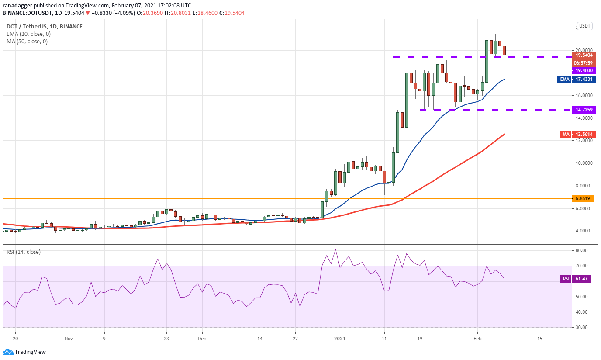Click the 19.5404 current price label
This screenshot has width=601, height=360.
pos(584,55)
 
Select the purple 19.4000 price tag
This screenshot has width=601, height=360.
pos(584,70)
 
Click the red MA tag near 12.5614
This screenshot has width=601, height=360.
pos(566,135)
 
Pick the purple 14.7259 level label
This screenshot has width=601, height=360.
pos(584,110)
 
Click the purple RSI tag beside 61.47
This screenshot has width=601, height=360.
pos(566,279)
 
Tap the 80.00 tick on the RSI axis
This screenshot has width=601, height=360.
pos(582,251)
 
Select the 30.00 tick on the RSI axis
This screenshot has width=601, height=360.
pos(582,327)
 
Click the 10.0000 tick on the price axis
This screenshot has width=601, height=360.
pos(584,163)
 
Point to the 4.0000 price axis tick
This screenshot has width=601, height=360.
pos(584,231)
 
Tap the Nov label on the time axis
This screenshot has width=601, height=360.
pos(68,339)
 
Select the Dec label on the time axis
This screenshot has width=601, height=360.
pos(201,339)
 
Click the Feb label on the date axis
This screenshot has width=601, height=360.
pos(477,339)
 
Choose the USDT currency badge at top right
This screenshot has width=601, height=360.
pos(585,26)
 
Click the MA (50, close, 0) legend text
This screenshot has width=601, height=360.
pos(27,42)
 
